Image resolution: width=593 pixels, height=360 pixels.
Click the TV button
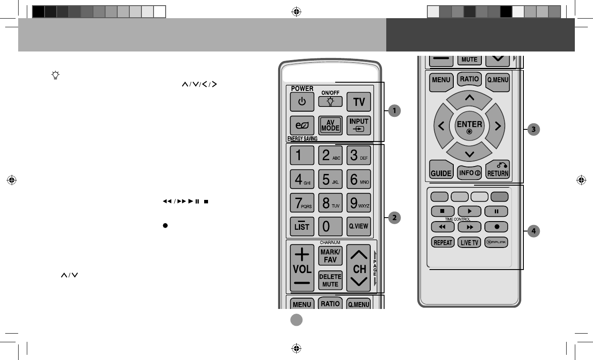pos(359,102)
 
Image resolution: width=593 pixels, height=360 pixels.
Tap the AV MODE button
pos(330,126)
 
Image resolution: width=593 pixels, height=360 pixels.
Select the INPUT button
pos(359,126)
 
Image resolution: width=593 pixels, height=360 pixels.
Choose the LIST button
pos(302,226)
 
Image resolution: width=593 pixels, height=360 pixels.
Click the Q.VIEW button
pos(359,226)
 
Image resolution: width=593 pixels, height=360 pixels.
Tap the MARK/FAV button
pos(330,256)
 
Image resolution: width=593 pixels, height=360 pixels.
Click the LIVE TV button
pos(469,242)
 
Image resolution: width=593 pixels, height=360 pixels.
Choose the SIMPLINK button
pos(496,242)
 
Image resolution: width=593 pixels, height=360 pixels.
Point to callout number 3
pos(535,129)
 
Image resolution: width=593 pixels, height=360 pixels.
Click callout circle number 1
pos(394,111)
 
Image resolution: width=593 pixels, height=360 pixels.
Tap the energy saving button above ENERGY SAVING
pos(302,126)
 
